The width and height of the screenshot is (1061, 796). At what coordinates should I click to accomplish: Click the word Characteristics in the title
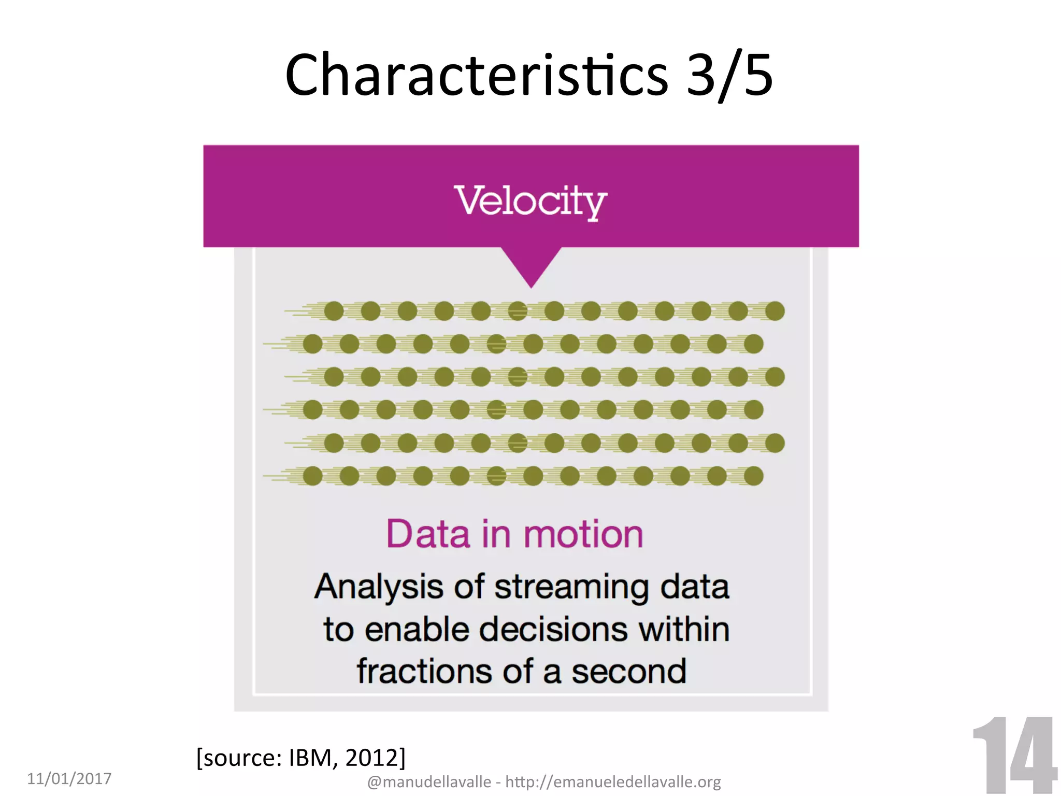tap(477, 75)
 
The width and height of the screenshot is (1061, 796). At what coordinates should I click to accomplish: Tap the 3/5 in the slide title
tap(729, 75)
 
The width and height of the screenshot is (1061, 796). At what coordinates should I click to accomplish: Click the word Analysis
tap(378, 587)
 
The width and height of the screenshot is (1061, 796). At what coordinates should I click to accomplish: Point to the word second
tap(629, 672)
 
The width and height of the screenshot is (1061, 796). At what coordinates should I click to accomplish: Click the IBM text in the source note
tap(310, 758)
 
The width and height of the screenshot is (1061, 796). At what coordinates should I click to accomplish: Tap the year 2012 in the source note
tap(372, 758)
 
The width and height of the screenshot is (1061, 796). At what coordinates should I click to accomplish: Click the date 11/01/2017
tap(69, 778)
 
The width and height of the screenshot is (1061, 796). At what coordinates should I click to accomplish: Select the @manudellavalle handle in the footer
tap(429, 781)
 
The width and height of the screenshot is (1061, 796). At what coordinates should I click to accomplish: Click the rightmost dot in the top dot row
tap(775, 311)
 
